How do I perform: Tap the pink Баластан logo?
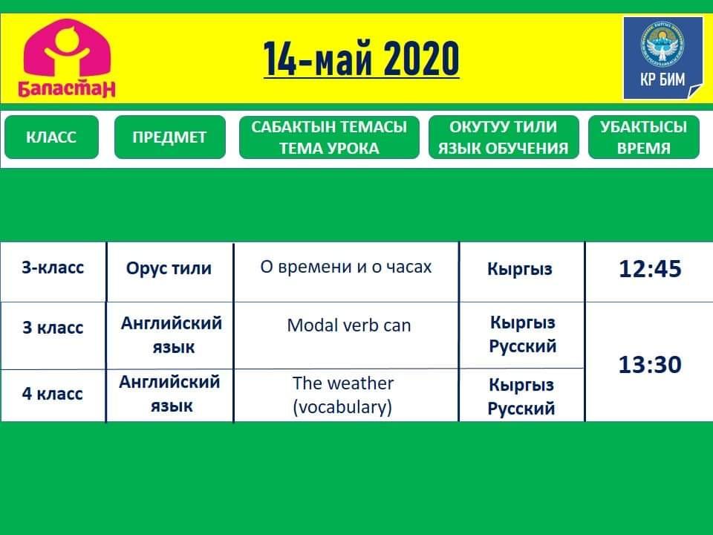click(x=67, y=58)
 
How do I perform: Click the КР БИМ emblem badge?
click(x=663, y=58)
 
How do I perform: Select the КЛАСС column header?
click(x=51, y=137)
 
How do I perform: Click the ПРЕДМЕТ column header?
click(x=169, y=137)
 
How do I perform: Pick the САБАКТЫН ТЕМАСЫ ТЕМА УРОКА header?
click(x=329, y=137)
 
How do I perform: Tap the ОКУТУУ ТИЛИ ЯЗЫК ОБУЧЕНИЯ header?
click(x=504, y=137)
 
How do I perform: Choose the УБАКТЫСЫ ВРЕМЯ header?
click(x=643, y=137)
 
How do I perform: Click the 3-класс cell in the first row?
click(x=53, y=267)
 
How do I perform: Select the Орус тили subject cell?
click(x=169, y=268)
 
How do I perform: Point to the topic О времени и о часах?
click(x=346, y=267)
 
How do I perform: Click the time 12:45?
click(x=651, y=269)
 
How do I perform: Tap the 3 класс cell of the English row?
click(x=53, y=328)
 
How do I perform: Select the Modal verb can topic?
click(x=349, y=325)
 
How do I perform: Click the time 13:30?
click(x=651, y=365)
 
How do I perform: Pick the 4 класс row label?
click(x=52, y=394)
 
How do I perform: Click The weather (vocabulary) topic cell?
click(x=343, y=395)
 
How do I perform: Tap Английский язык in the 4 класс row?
click(x=170, y=394)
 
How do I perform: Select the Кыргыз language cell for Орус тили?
click(x=520, y=269)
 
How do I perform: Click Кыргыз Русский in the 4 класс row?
click(x=521, y=396)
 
